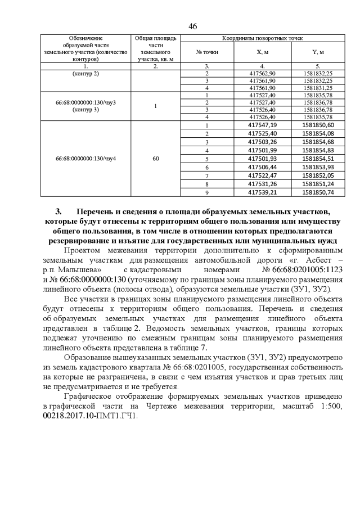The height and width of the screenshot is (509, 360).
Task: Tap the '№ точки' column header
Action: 207,52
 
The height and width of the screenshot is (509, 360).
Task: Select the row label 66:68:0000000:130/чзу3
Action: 85,102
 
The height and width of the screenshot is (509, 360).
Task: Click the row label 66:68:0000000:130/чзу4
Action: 85,159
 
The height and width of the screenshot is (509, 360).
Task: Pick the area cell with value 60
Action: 156,159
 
